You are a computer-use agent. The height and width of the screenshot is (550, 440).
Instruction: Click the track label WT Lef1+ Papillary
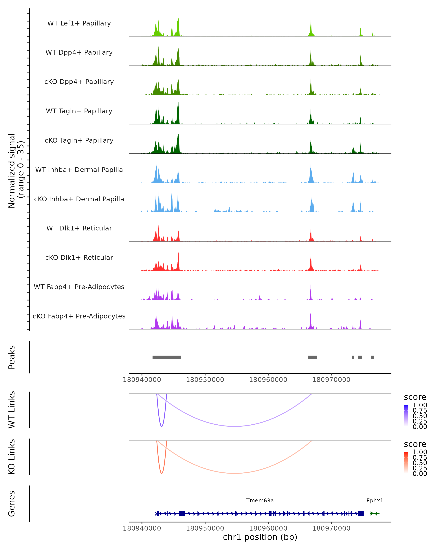[79, 23]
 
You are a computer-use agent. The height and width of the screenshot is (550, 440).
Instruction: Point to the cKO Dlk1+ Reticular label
[79, 257]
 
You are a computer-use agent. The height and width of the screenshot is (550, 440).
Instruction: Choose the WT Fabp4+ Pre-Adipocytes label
[79, 287]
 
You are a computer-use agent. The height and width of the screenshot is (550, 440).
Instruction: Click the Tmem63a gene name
[260, 500]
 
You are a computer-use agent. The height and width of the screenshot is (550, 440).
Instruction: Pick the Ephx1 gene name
[375, 500]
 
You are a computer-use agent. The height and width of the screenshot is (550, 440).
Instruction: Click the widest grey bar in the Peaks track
[167, 357]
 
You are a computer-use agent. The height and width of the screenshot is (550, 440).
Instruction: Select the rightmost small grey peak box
[372, 357]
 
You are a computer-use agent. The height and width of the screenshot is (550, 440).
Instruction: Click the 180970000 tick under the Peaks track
[331, 380]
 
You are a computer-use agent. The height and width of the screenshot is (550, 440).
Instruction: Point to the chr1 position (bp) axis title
[260, 537]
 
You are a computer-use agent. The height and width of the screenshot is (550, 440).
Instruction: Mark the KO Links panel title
[12, 457]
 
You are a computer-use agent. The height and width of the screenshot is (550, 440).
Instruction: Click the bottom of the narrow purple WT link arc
[162, 426]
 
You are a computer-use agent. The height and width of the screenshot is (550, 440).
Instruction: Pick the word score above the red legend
[415, 444]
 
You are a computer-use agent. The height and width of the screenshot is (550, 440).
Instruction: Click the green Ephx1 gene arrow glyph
[375, 514]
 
